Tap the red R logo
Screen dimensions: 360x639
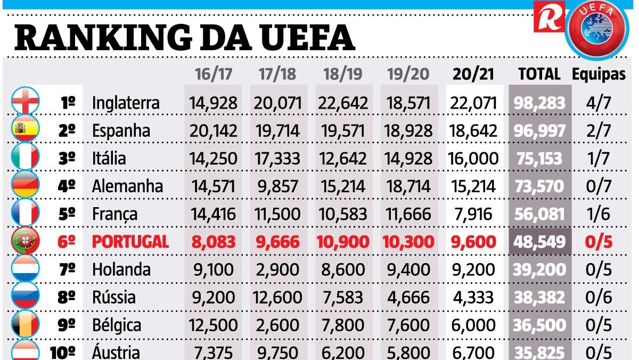[x=548, y=18]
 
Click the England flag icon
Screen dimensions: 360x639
[x=25, y=102]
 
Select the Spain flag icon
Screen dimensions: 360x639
[x=25, y=129]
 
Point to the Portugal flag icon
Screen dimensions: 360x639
[x=25, y=241]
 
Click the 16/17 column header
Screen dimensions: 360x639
[x=214, y=74]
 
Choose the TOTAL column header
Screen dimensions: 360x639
[x=539, y=74]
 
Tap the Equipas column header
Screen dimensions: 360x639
[x=599, y=74]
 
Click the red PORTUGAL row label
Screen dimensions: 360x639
[x=130, y=242]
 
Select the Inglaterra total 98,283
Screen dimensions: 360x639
[x=539, y=103]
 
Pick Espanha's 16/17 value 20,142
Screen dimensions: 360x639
[x=214, y=130]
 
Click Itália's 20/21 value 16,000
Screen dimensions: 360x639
[x=474, y=158]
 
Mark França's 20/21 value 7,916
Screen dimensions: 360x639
[x=474, y=214]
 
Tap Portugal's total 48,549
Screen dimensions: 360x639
[x=539, y=242]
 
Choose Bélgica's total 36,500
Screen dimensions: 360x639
[x=539, y=325]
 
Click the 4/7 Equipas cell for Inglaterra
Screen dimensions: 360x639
[x=599, y=103]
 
